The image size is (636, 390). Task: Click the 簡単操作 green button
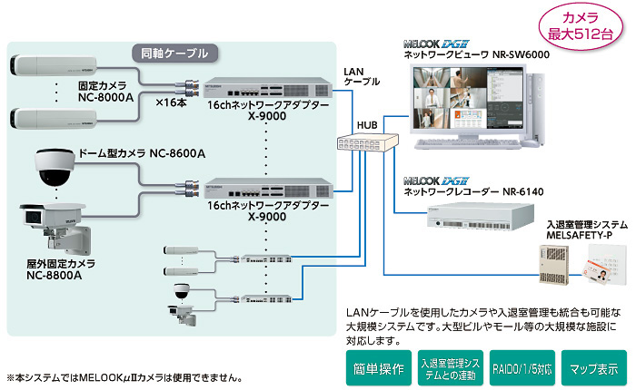point(377,369)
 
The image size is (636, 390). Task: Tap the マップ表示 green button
point(593,369)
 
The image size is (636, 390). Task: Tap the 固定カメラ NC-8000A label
point(105,89)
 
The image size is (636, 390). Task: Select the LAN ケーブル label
point(362,76)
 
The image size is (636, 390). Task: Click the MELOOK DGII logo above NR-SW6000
point(436,44)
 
